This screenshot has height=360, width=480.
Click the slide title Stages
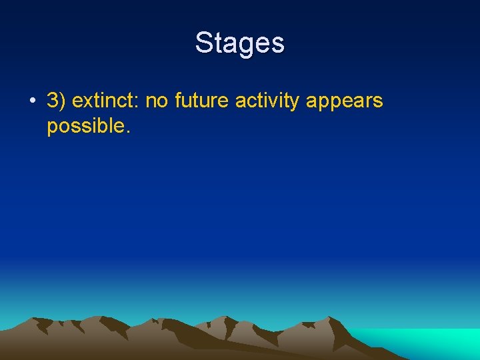click(x=240, y=43)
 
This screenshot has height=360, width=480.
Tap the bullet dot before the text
click(x=32, y=102)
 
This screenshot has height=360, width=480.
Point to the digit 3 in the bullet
click(x=53, y=101)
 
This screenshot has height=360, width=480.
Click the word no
click(x=157, y=101)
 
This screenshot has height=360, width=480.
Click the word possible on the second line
click(x=84, y=127)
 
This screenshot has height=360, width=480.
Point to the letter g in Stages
click(x=246, y=45)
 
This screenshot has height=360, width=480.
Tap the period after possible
click(x=127, y=131)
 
